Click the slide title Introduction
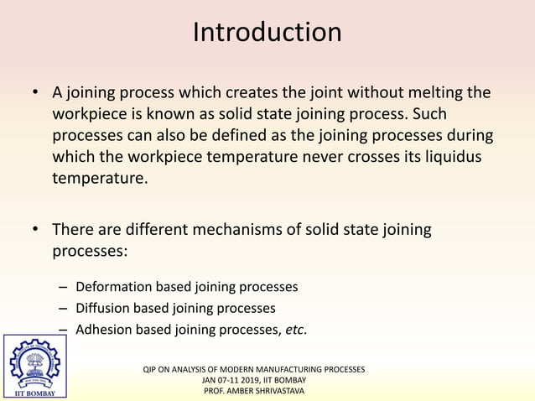coord(267,33)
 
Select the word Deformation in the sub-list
coord(113,288)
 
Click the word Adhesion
coord(103,330)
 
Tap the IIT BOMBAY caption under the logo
coord(34,392)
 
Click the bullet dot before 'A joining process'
coord(34,92)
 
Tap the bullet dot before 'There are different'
coord(34,230)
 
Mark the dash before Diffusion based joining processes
coord(65,309)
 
